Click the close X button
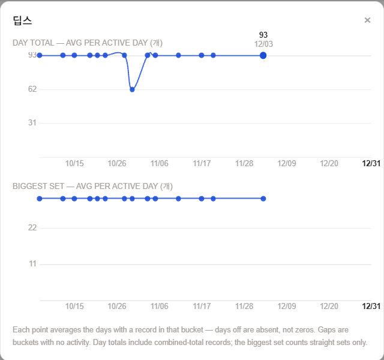[x=367, y=20]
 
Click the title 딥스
[x=22, y=20]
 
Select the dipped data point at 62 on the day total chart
[x=132, y=89]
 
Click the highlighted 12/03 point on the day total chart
[x=263, y=55]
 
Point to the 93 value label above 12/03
[x=263, y=35]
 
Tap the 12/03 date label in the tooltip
[x=263, y=44]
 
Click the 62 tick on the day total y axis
[x=32, y=89]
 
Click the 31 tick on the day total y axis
[x=32, y=122]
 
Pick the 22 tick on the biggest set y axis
[x=32, y=228]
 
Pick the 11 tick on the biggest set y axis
[x=32, y=264]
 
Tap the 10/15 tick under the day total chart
[x=74, y=163]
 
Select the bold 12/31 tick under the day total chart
[x=371, y=163]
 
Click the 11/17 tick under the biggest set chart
[x=202, y=306]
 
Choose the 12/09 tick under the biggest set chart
[x=287, y=306]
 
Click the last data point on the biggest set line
[x=263, y=199]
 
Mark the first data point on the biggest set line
[x=40, y=199]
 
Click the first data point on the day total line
[x=40, y=55]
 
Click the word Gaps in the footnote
[x=324, y=330]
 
